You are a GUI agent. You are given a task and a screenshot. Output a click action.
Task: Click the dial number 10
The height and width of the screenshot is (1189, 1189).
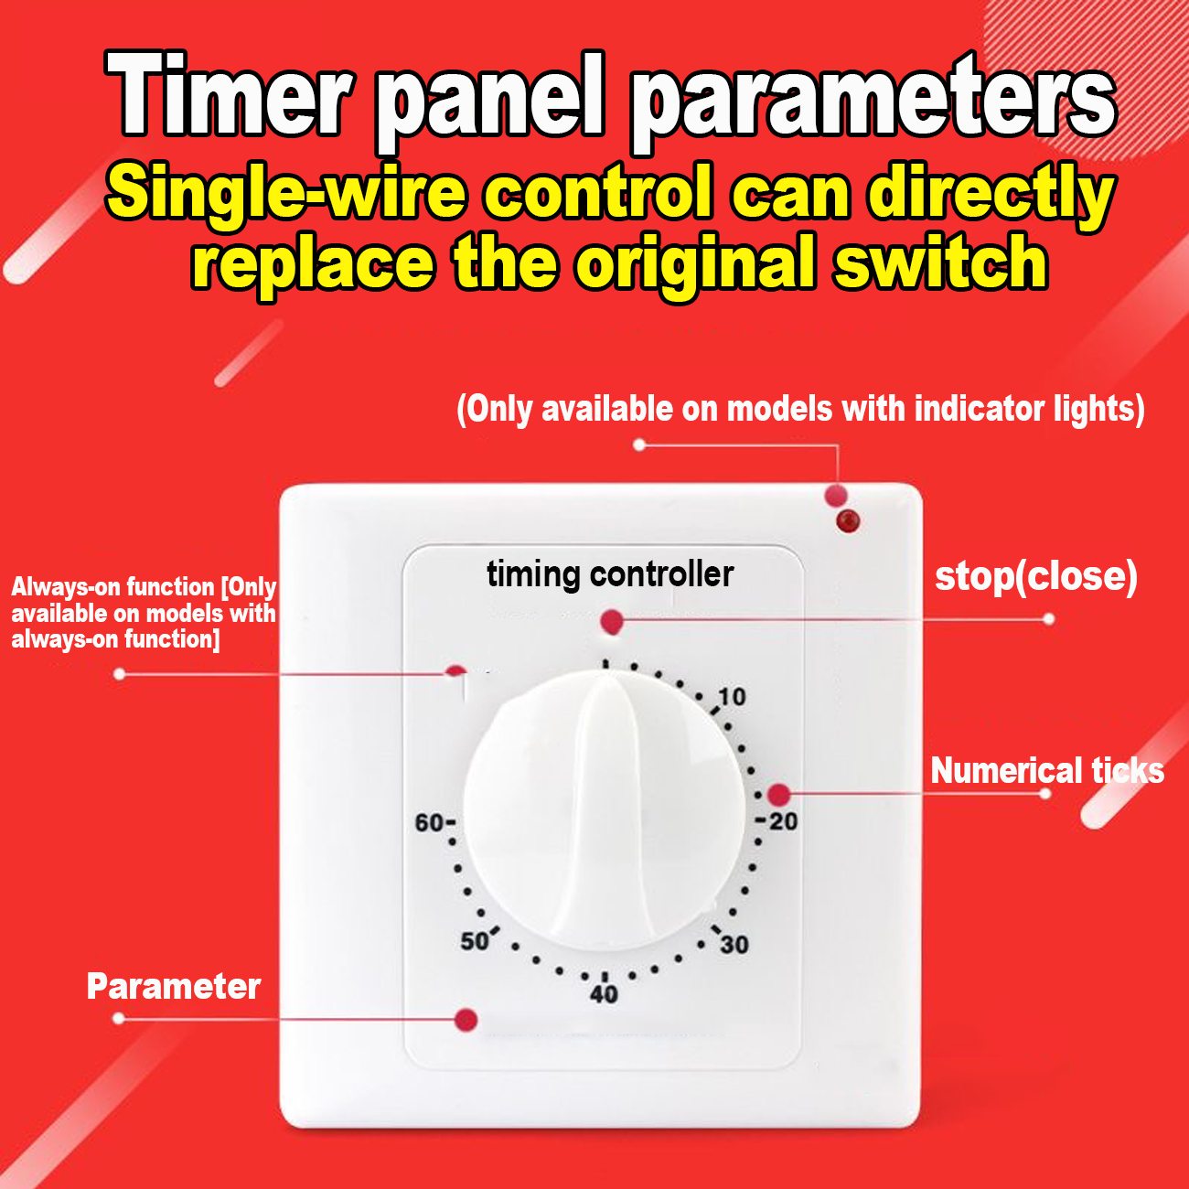(732, 697)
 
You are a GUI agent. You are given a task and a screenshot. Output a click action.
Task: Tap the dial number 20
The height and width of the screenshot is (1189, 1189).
(783, 821)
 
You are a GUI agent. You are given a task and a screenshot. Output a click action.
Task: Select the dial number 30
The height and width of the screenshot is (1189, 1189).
(734, 945)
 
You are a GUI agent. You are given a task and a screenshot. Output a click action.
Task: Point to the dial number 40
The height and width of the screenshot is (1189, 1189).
(604, 994)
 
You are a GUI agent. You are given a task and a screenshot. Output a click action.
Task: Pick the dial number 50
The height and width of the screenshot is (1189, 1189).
(475, 941)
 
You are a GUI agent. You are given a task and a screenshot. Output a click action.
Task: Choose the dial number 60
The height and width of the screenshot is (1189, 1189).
(430, 823)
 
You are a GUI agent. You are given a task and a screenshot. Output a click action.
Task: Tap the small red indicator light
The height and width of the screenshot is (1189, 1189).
(848, 521)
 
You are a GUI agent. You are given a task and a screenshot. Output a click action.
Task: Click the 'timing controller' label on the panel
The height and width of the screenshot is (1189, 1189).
(610, 574)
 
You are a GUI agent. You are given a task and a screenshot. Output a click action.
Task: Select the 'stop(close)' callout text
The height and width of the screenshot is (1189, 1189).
(1035, 577)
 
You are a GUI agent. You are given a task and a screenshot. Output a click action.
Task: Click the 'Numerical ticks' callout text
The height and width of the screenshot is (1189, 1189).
(1046, 771)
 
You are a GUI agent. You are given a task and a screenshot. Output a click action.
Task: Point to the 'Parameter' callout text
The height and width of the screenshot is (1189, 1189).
(174, 987)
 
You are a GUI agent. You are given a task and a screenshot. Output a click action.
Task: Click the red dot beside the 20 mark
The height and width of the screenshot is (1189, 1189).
(777, 795)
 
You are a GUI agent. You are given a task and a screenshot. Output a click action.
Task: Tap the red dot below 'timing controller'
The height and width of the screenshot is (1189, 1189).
(612, 623)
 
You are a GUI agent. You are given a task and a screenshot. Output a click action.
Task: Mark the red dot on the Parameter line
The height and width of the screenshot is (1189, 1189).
(466, 1020)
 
